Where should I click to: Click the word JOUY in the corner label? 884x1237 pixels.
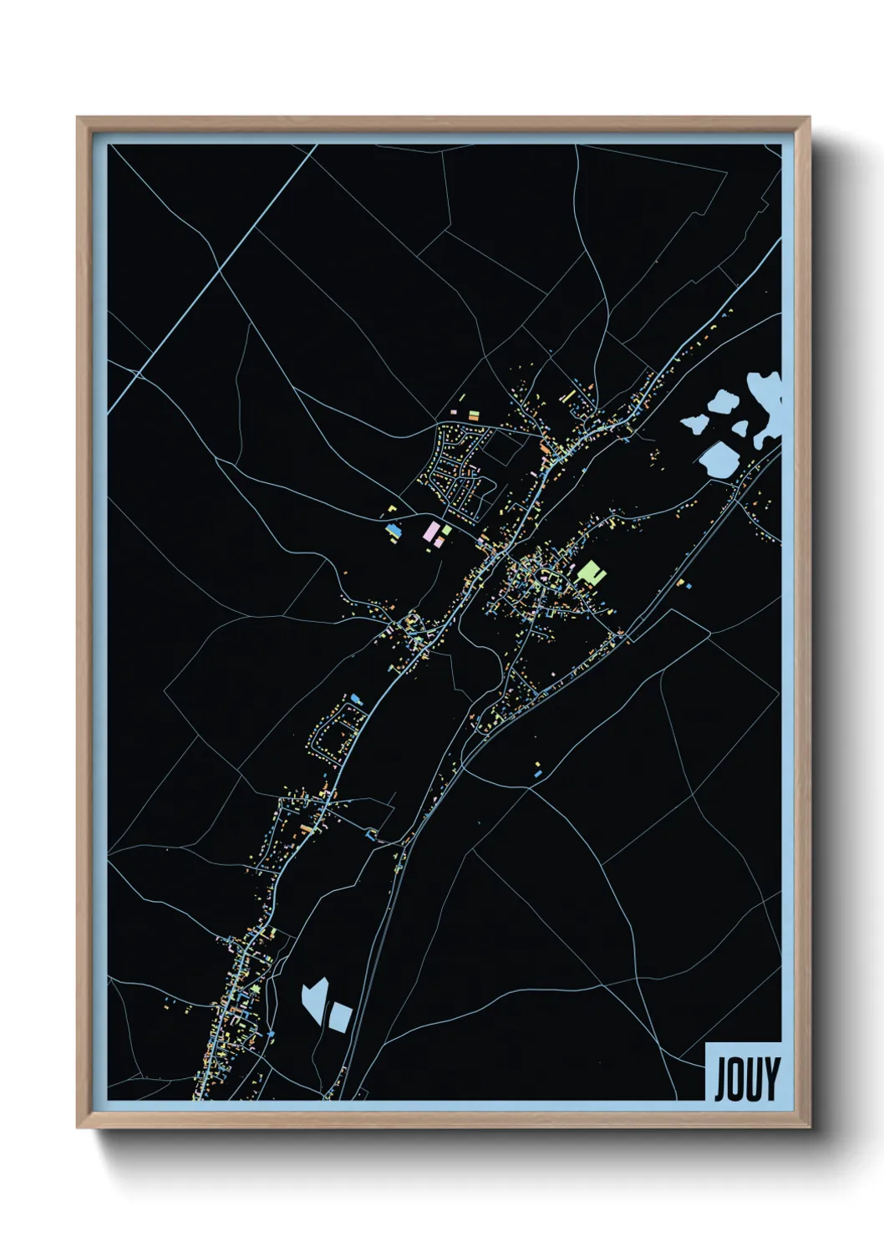coord(746,1078)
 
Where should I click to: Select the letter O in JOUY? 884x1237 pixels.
coord(737,1079)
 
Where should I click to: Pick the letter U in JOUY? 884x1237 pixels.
coord(754,1079)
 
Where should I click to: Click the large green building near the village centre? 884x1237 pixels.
coord(590,573)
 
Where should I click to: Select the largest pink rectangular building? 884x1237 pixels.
coord(430,531)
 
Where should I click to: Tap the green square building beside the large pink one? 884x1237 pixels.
coord(446,530)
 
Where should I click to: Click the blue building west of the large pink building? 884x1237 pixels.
coord(393,531)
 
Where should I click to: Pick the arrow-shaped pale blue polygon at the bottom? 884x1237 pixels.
coord(315,999)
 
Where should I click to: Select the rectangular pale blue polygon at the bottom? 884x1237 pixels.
coord(340,1016)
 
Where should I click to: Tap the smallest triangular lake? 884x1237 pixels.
coord(740,428)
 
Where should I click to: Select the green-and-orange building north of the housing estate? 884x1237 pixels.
coord(473,415)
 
